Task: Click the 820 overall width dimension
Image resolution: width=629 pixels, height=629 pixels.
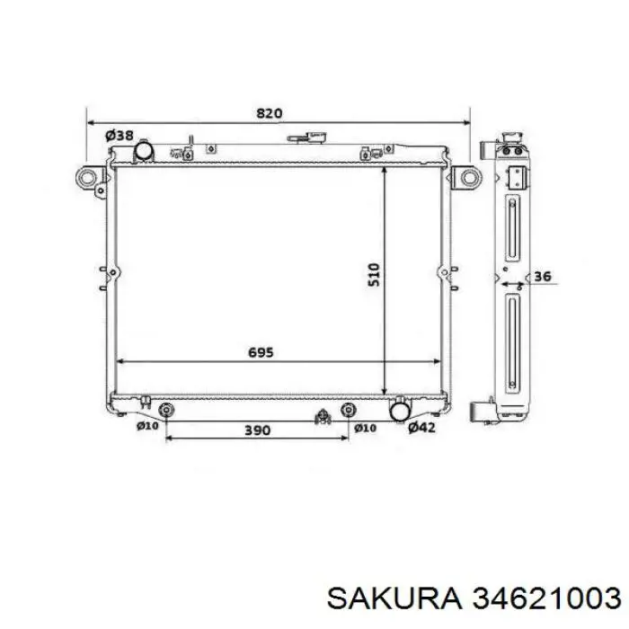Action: tap(270, 113)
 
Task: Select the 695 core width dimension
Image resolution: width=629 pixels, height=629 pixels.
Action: tap(261, 352)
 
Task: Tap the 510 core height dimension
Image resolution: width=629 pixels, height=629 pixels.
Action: tap(374, 274)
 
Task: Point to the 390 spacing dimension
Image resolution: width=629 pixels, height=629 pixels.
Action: tap(257, 430)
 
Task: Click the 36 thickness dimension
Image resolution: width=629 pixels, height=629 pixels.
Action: tap(543, 277)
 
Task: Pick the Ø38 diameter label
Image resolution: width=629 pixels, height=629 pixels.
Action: tap(120, 136)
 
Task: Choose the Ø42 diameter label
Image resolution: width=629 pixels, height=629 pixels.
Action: tap(421, 428)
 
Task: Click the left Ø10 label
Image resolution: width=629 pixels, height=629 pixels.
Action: tap(147, 426)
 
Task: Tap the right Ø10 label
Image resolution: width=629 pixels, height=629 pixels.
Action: tap(365, 428)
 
